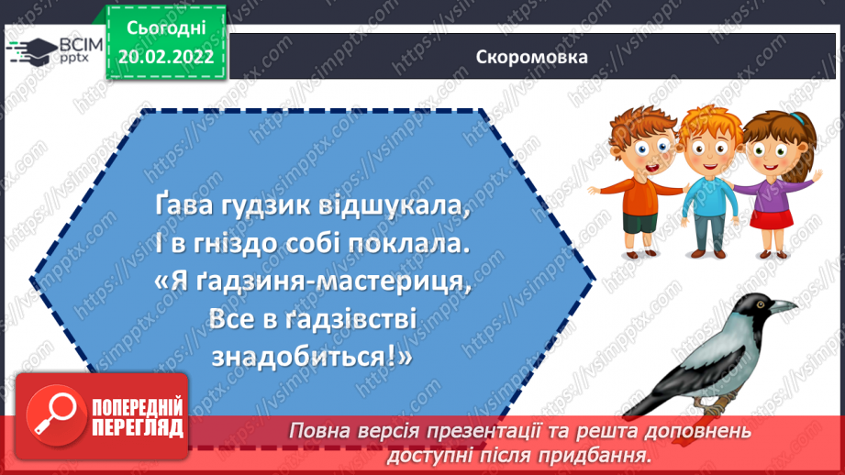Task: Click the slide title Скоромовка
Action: (532, 56)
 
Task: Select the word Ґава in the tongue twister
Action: (176, 208)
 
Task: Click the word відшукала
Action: (386, 208)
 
